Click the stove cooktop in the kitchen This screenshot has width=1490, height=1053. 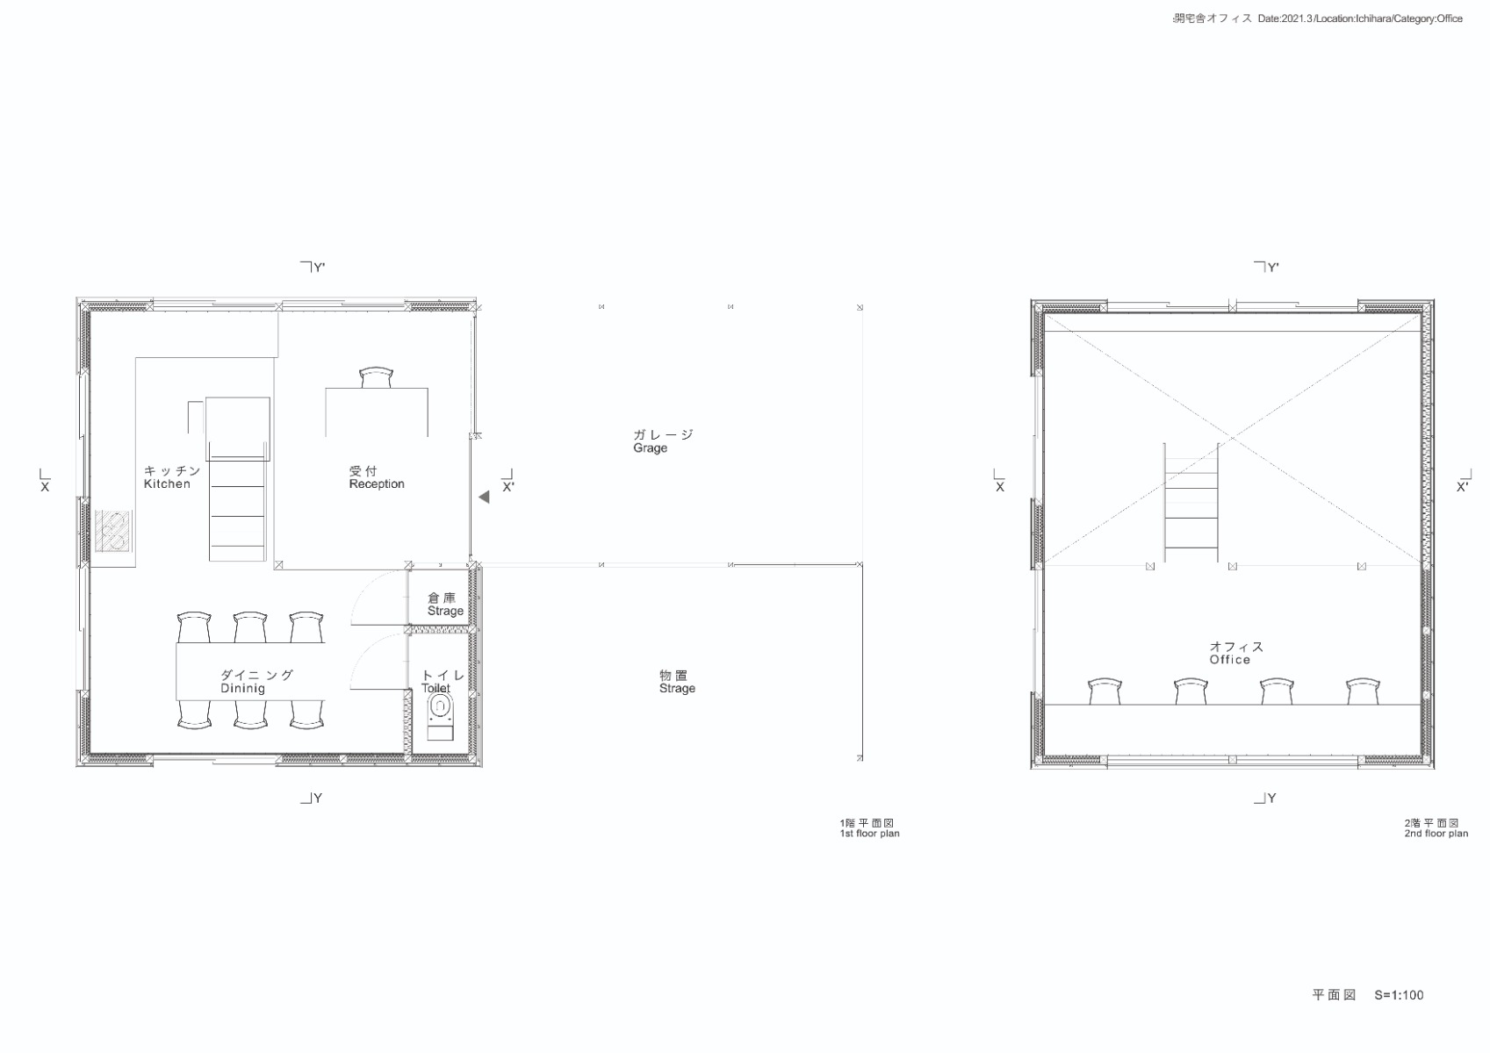pyautogui.click(x=113, y=530)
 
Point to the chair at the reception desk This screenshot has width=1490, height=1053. pyautogui.click(x=376, y=377)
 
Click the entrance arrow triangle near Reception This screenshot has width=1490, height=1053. pyautogui.click(x=484, y=498)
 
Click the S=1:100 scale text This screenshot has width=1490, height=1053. pyautogui.click(x=1399, y=995)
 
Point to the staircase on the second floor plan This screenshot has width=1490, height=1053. pyautogui.click(x=1191, y=505)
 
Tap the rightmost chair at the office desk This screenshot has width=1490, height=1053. pyautogui.click(x=1363, y=691)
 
